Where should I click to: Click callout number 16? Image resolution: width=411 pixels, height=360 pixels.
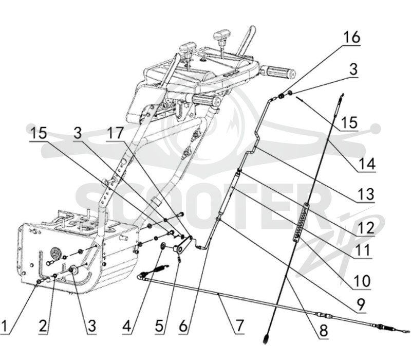(352, 37)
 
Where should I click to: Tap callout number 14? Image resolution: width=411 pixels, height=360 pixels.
(367, 164)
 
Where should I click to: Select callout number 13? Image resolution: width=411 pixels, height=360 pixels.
(366, 194)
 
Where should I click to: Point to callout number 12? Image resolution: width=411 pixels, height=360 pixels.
(366, 228)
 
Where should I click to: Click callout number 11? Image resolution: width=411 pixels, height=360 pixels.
(364, 250)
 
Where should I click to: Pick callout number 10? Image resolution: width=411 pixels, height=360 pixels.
(362, 281)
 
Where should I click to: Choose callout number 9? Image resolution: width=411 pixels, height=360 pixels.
(361, 304)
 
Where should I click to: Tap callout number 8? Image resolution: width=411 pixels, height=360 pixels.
(324, 331)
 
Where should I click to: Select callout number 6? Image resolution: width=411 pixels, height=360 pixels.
(183, 326)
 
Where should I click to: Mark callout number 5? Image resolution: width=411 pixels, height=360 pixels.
(159, 326)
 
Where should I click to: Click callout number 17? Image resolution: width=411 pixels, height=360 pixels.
(115, 133)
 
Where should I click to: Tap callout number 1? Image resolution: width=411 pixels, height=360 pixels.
(4, 326)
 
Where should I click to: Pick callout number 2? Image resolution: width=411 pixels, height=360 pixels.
(43, 326)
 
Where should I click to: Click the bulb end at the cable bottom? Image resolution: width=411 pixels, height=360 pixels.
(266, 338)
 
